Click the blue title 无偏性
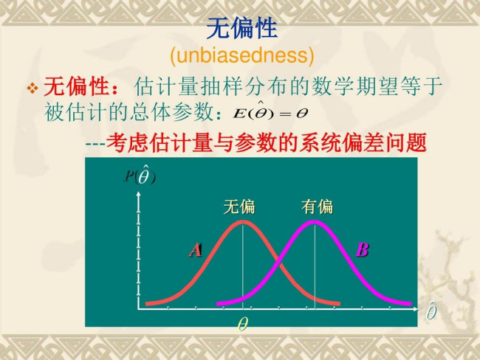(241, 28)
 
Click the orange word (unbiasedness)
(242, 55)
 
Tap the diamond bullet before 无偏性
(32, 88)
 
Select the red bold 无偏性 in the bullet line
(76, 87)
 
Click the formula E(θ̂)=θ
(270, 112)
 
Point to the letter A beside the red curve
(195, 250)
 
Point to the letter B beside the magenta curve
(363, 249)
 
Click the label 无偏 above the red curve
(239, 207)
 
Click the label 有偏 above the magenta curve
(317, 207)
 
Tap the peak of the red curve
(242, 222)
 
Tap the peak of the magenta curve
(314, 222)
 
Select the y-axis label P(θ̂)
(140, 174)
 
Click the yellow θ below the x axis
(243, 324)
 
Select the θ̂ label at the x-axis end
(432, 311)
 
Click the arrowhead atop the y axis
(139, 194)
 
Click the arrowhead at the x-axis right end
(416, 309)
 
